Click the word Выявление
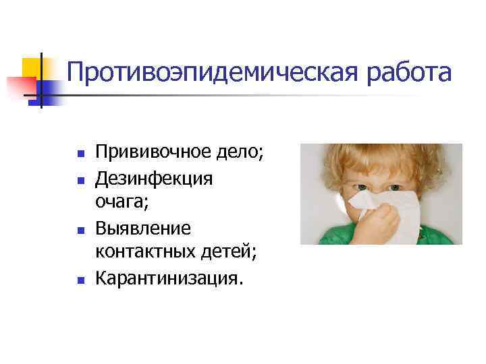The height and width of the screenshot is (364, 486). (x=143, y=228)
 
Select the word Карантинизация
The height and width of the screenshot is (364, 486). (x=167, y=277)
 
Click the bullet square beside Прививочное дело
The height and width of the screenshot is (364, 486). (x=80, y=155)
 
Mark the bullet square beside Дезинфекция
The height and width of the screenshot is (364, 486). (x=80, y=180)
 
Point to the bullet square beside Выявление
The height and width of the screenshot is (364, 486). (x=80, y=230)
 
